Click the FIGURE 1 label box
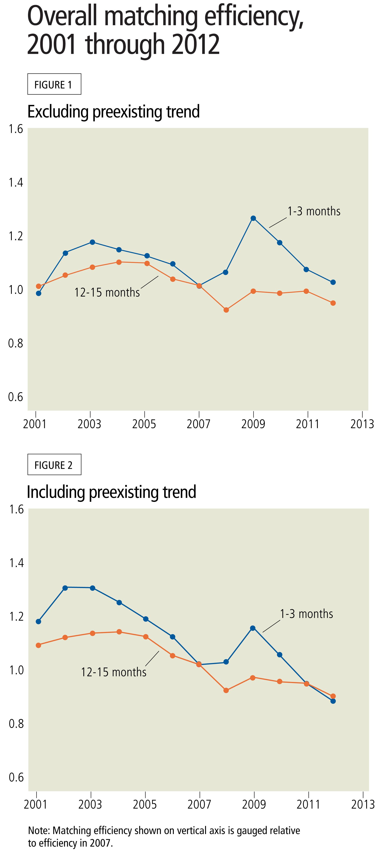pos(54,84)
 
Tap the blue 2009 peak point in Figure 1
pos(253,218)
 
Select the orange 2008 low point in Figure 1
pos(226,310)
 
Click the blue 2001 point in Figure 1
pos(39,293)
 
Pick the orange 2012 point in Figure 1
pos(333,303)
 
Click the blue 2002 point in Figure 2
pos(65,588)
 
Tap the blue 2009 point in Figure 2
pos(253,628)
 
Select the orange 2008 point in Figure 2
pos(226,691)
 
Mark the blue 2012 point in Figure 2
pos(333,701)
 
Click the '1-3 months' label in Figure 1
pos(314,211)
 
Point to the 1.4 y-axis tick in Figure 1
pos(16,182)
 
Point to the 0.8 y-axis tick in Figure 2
pos(16,724)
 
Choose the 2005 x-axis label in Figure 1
pos(144,424)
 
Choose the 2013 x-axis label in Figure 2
pos(363,804)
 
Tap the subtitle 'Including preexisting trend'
pos(112,492)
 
